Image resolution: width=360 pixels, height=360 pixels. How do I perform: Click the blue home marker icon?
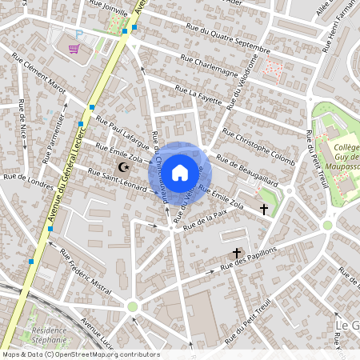(180, 171)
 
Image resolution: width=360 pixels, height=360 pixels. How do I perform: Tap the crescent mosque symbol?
(123, 167)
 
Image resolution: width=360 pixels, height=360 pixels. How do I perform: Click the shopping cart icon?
(74, 49)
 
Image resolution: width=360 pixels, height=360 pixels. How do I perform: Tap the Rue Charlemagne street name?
(210, 66)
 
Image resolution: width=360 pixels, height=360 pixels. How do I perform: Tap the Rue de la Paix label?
(206, 220)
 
